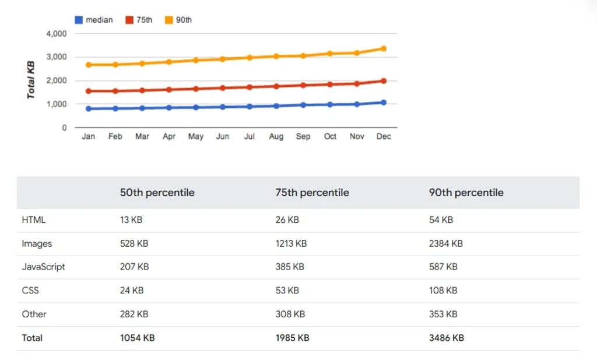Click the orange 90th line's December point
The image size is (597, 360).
click(384, 48)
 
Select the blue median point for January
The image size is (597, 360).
click(89, 109)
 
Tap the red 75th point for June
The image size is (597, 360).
click(222, 88)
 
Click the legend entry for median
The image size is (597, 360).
click(94, 20)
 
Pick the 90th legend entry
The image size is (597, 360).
click(178, 20)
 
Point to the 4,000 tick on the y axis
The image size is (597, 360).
click(57, 34)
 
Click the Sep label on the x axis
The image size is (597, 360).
click(303, 137)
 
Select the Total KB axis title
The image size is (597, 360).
click(31, 80)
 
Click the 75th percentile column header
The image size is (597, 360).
click(312, 193)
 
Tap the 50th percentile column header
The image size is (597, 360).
click(157, 193)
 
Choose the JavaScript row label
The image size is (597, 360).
click(43, 267)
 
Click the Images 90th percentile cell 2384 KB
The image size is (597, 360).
click(445, 243)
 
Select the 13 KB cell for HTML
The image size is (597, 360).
click(131, 220)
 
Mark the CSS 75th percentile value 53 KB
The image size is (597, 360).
click(287, 290)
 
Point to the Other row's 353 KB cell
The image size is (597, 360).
click(443, 314)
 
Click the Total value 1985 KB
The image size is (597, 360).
click(292, 337)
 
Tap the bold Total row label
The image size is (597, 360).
click(32, 337)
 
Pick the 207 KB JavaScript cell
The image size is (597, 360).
click(134, 267)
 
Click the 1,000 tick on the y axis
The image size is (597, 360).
click(57, 104)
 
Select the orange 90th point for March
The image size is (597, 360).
click(142, 63)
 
